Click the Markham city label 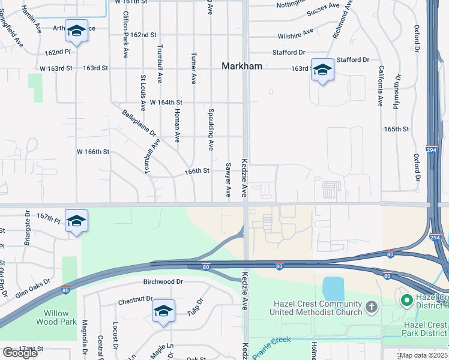(242, 66)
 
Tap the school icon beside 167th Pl (76, 221)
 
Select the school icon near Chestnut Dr (163, 311)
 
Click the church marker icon (372, 308)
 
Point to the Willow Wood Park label (59, 317)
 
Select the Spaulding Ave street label (211, 128)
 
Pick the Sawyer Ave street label (228, 179)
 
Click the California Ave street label (380, 86)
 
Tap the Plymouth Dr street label (397, 90)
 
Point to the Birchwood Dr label (163, 281)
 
